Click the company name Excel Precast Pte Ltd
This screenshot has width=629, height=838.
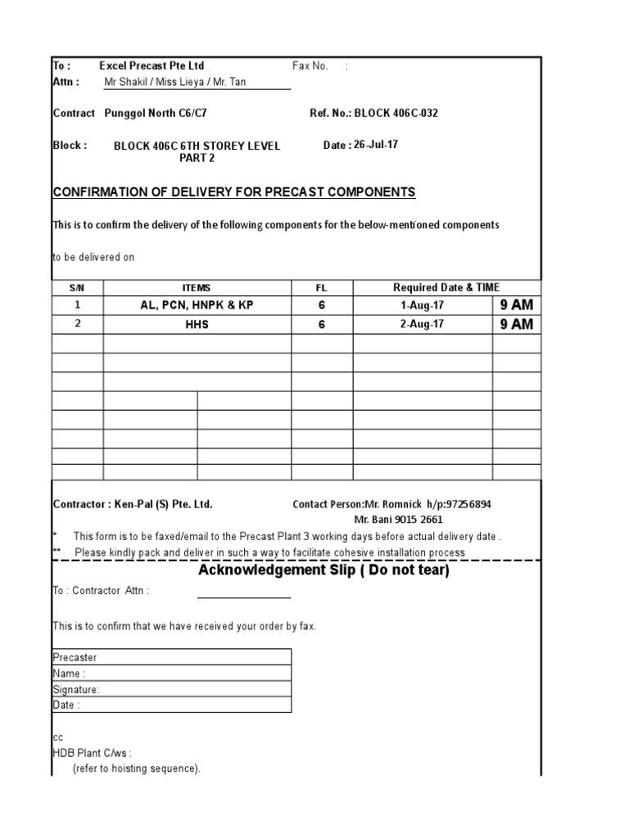pos(152,65)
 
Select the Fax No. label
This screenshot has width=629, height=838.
pos(310,65)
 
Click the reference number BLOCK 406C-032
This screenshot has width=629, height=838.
pos(396,114)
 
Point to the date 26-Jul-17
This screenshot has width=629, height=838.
pos(376,145)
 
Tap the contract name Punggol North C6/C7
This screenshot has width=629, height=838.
pos(161,114)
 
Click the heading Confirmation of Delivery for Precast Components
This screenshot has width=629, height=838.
pos(234,192)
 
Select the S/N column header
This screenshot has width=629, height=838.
pos(77,287)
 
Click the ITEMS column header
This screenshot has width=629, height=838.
pos(197,287)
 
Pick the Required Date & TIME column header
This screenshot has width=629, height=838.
pos(446,287)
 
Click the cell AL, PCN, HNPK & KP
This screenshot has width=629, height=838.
pos(197,304)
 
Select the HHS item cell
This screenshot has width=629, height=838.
pos(197,324)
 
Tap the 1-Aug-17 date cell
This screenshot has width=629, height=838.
pos(423,304)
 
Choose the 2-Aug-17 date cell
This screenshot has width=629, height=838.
pos(423,324)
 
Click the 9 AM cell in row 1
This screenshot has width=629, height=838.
pos(516,304)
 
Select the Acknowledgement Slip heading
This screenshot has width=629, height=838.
pos(324,570)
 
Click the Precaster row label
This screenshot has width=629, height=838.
pos(75,657)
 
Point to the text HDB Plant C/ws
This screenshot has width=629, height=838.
pos(92,753)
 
